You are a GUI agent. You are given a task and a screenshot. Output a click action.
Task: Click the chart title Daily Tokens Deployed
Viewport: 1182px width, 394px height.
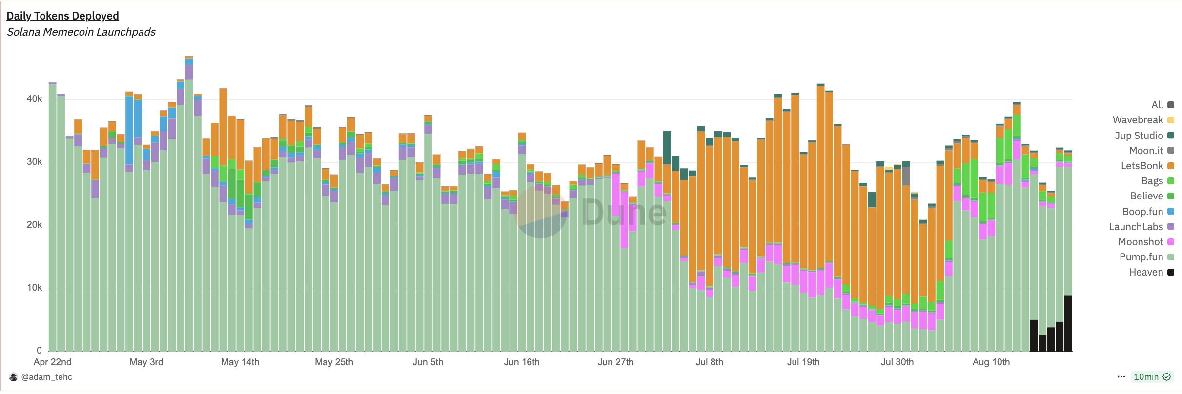tap(62, 16)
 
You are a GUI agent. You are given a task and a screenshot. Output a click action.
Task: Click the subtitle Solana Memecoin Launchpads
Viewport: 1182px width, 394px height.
tap(81, 32)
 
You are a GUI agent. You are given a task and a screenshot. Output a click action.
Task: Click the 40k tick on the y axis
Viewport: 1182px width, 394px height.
tap(34, 99)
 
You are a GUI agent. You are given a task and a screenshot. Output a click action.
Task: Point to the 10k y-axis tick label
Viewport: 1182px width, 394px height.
tap(34, 288)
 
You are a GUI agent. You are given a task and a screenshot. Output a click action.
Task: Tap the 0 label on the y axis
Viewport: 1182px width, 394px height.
tap(39, 351)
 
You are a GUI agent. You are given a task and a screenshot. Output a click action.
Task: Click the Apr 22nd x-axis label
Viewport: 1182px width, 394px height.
tap(52, 362)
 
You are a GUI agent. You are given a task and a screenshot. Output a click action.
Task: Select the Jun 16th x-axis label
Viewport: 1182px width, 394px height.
tap(522, 362)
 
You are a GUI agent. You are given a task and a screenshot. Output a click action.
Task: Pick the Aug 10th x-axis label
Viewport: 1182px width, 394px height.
tap(991, 362)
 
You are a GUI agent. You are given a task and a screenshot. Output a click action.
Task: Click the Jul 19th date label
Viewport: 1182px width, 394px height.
tap(803, 362)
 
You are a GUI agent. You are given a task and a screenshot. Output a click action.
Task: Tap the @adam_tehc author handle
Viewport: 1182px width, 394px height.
tap(47, 377)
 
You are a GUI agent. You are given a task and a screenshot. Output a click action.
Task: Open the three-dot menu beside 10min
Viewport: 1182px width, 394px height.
tap(1121, 377)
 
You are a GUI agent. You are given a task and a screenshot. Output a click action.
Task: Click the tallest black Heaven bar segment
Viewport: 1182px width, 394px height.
tap(1068, 323)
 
